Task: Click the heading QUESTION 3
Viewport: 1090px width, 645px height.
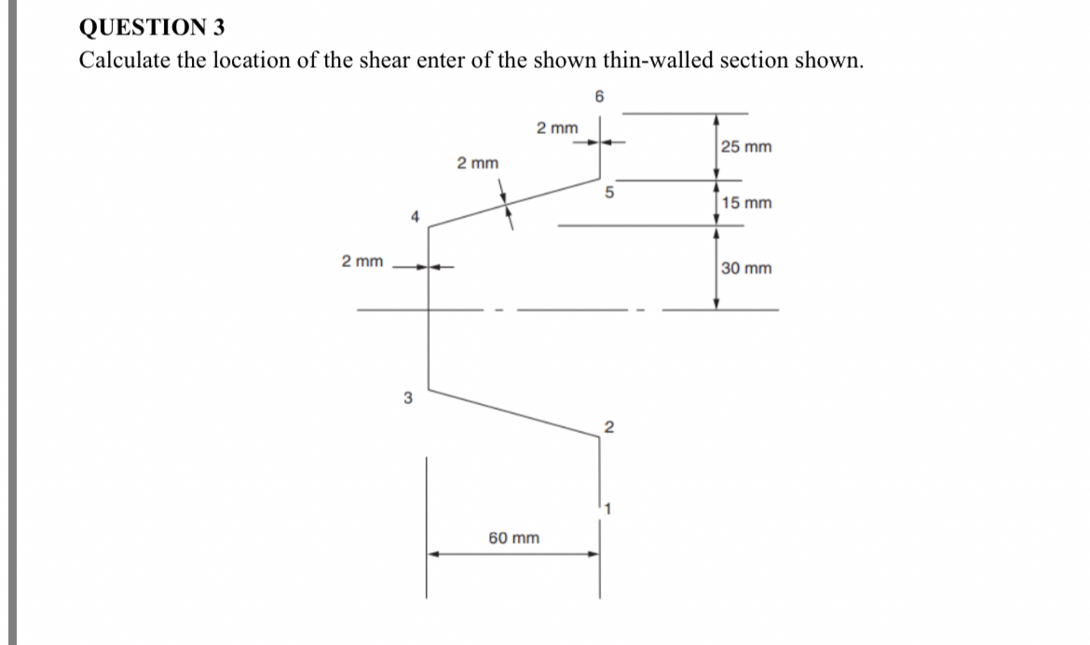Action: [152, 27]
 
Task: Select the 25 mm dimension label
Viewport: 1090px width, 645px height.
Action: [746, 147]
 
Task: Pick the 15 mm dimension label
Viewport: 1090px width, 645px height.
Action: [746, 203]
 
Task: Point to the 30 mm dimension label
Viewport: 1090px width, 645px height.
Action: [746, 269]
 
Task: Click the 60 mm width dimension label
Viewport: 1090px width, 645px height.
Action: [513, 538]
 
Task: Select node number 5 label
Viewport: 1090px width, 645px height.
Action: [610, 194]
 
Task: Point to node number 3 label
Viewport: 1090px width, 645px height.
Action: [407, 398]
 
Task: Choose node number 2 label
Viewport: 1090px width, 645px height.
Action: [609, 428]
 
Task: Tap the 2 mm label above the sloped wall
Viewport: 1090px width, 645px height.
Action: [477, 163]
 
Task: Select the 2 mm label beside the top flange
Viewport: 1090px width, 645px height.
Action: [557, 127]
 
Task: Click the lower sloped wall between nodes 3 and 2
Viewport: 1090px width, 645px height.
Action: [512, 416]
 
